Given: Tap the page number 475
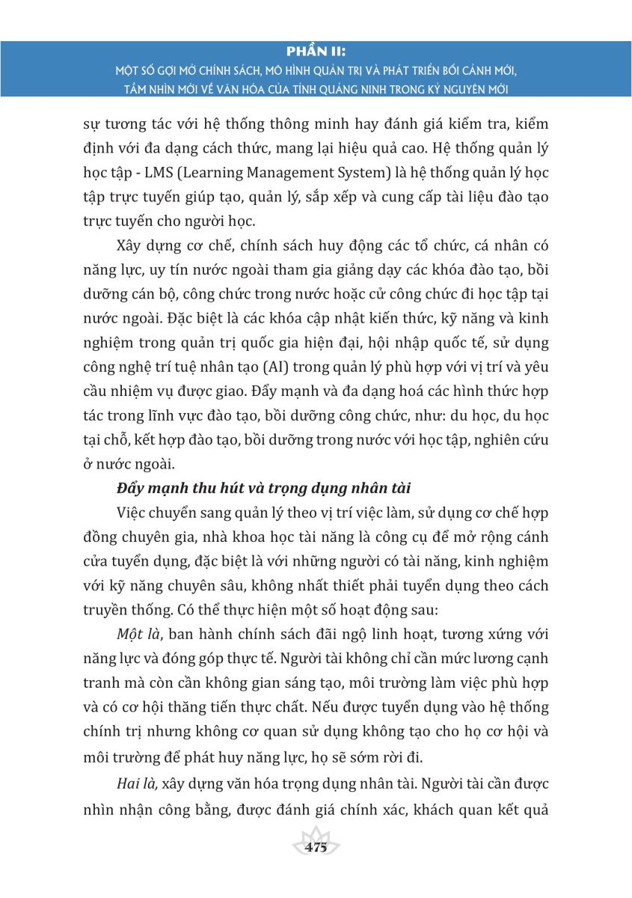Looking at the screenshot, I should (316, 848).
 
